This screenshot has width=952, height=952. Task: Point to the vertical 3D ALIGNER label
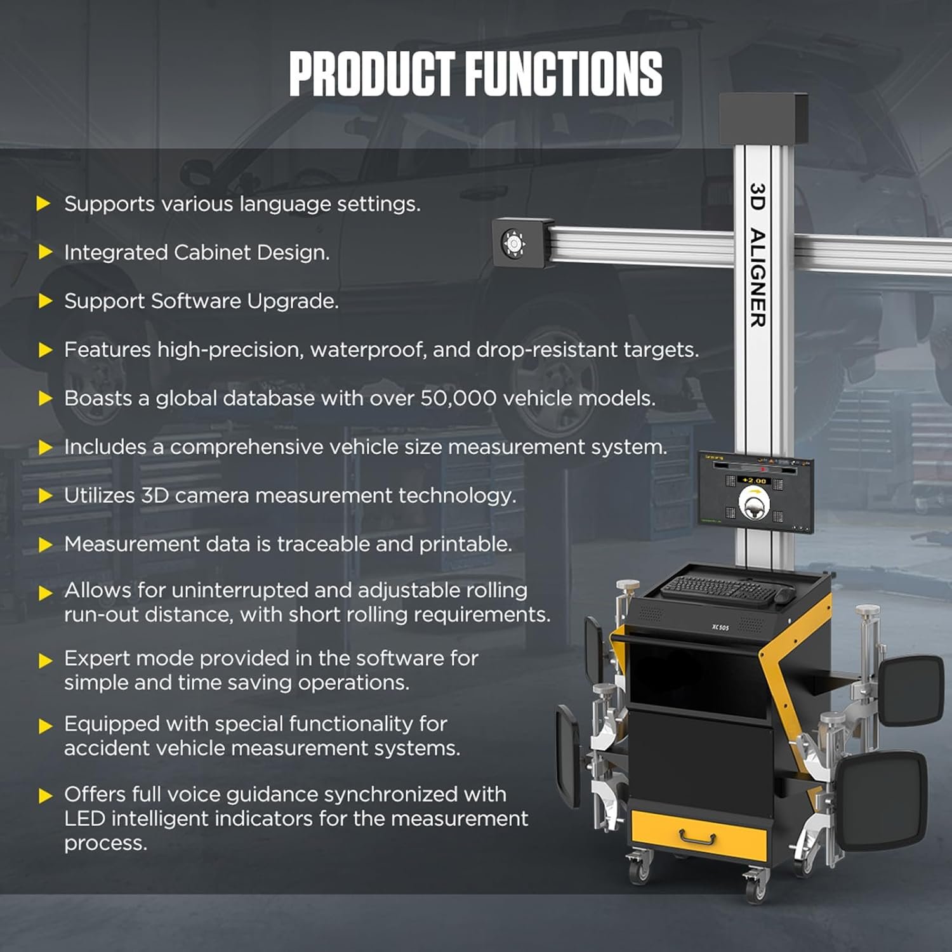point(758,255)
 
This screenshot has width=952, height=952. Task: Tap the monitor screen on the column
point(755,493)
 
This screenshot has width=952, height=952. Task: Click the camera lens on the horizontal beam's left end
point(513,243)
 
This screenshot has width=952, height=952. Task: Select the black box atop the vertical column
point(763,118)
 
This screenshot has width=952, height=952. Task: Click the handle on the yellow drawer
point(697,839)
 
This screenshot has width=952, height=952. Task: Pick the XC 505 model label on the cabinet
point(720,628)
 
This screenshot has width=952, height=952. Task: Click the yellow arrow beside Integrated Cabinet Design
point(44,253)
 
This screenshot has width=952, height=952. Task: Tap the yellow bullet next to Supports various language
point(44,204)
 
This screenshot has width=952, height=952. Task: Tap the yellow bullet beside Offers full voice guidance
point(44,795)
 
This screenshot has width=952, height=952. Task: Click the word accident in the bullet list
point(105,748)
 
